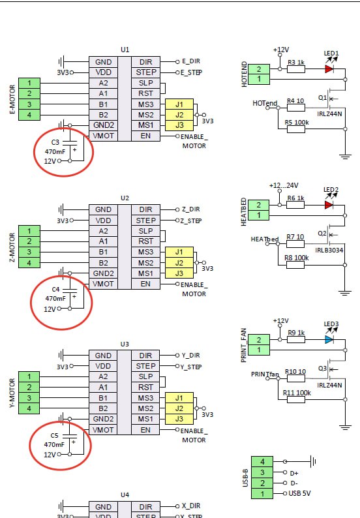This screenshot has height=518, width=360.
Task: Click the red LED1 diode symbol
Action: (x=329, y=69)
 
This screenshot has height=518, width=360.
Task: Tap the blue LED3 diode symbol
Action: (x=329, y=340)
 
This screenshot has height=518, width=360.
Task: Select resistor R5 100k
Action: (x=296, y=129)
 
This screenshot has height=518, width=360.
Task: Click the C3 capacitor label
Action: (x=55, y=142)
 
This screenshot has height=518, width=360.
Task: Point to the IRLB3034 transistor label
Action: (x=329, y=250)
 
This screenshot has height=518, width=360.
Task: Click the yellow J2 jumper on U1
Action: (x=179, y=115)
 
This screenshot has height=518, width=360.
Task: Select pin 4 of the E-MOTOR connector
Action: (x=29, y=115)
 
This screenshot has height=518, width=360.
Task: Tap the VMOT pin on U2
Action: (x=103, y=284)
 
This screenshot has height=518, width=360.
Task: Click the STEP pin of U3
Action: (x=145, y=366)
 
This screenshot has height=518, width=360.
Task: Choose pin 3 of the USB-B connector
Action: (x=262, y=472)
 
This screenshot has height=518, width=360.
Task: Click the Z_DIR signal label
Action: (x=190, y=209)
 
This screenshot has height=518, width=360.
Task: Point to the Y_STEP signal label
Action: (x=191, y=367)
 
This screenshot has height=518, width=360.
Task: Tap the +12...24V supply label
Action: (x=284, y=186)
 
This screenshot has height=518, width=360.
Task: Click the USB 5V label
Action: (x=299, y=494)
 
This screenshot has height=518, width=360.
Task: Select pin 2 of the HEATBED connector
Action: (x=259, y=205)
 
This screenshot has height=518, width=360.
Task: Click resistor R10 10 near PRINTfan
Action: (x=296, y=378)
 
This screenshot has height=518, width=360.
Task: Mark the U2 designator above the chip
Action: (x=125, y=198)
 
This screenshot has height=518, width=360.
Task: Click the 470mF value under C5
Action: (x=54, y=445)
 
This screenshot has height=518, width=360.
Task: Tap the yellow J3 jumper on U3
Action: (x=179, y=419)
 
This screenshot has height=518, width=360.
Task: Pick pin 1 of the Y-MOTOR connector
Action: (x=29, y=377)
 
